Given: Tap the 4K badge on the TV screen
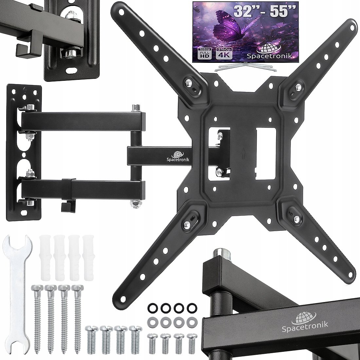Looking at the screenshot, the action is (224, 53).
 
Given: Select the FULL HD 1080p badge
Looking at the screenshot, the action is (205, 53).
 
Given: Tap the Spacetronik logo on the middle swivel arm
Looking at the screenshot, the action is (178, 156).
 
